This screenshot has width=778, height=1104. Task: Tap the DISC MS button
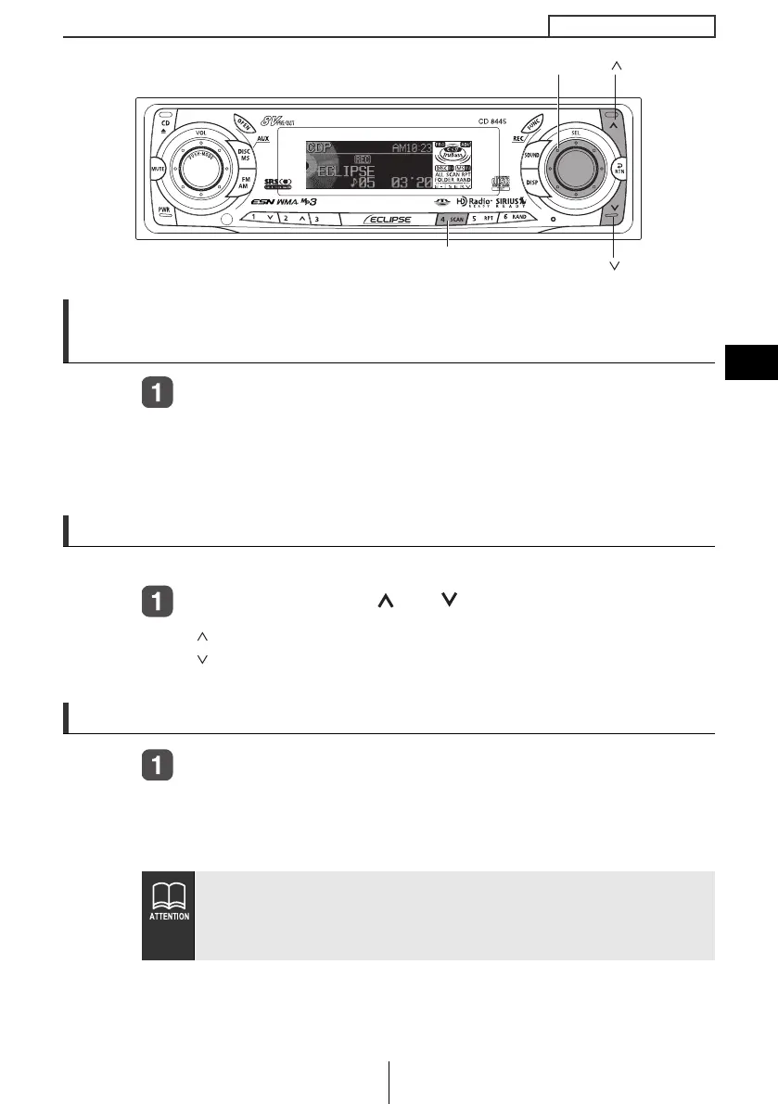tap(246, 155)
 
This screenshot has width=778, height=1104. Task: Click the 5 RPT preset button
tap(481, 220)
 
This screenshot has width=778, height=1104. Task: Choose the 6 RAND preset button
tap(513, 218)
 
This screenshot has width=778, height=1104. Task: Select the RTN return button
tap(617, 168)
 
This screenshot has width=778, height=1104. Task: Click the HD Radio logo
tap(473, 202)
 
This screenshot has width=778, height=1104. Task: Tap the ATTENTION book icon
tap(168, 898)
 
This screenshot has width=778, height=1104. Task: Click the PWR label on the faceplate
tap(163, 210)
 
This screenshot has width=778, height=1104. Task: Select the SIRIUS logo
tap(512, 202)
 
